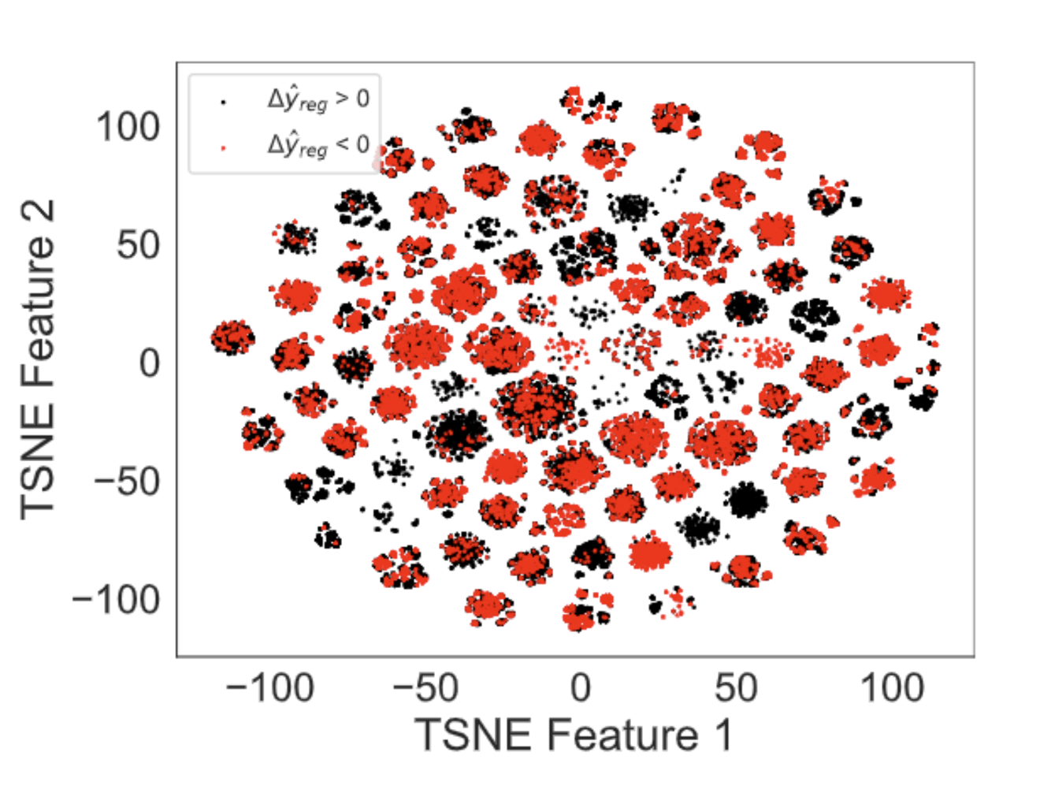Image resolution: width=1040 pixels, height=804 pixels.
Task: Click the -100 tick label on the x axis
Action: coord(270,689)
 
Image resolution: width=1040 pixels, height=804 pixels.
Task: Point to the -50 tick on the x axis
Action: coord(425,689)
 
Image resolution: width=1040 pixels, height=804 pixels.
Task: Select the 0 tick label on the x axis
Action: coord(581,689)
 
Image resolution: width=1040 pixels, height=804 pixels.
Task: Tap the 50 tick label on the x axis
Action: coord(736,689)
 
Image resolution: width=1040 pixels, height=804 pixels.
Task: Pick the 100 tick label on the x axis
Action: coord(892,689)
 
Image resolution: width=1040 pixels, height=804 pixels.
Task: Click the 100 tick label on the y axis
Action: coord(128,127)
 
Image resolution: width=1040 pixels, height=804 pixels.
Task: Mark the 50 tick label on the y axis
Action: coord(138,245)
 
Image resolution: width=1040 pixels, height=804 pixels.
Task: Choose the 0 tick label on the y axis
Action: coord(149,363)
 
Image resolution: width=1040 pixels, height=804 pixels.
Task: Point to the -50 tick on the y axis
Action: coord(126,482)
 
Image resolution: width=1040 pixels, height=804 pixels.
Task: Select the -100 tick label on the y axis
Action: coord(115,600)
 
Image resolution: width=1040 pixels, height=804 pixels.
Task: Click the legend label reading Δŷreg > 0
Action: coord(318,99)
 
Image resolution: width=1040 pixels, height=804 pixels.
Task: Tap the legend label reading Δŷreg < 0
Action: coord(318,144)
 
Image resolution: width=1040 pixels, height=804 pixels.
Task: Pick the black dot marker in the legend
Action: coord(222,102)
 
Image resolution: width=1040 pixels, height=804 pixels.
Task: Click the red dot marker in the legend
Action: coord(222,148)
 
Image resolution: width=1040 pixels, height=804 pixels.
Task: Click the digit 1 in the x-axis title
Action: coord(723,735)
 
